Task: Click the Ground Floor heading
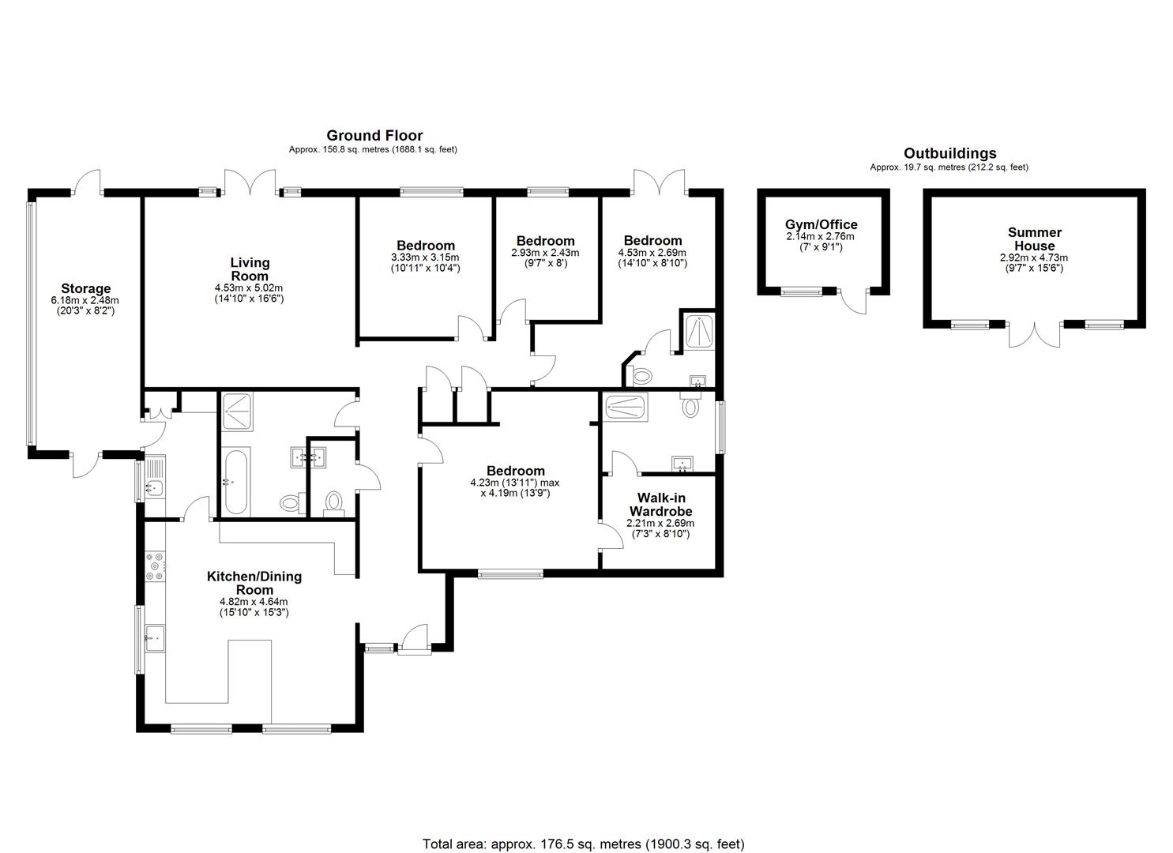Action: [374, 136]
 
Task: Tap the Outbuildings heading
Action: [949, 153]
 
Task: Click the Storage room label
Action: [85, 288]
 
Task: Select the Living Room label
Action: [250, 269]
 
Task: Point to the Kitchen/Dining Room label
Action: [254, 583]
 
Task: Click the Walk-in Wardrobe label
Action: [660, 505]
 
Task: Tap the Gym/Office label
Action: [821, 224]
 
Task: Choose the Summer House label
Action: [1034, 239]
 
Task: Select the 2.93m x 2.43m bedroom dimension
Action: [545, 253]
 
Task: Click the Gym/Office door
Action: [855, 300]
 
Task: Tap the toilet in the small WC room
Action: [335, 502]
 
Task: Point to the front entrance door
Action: [413, 638]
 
